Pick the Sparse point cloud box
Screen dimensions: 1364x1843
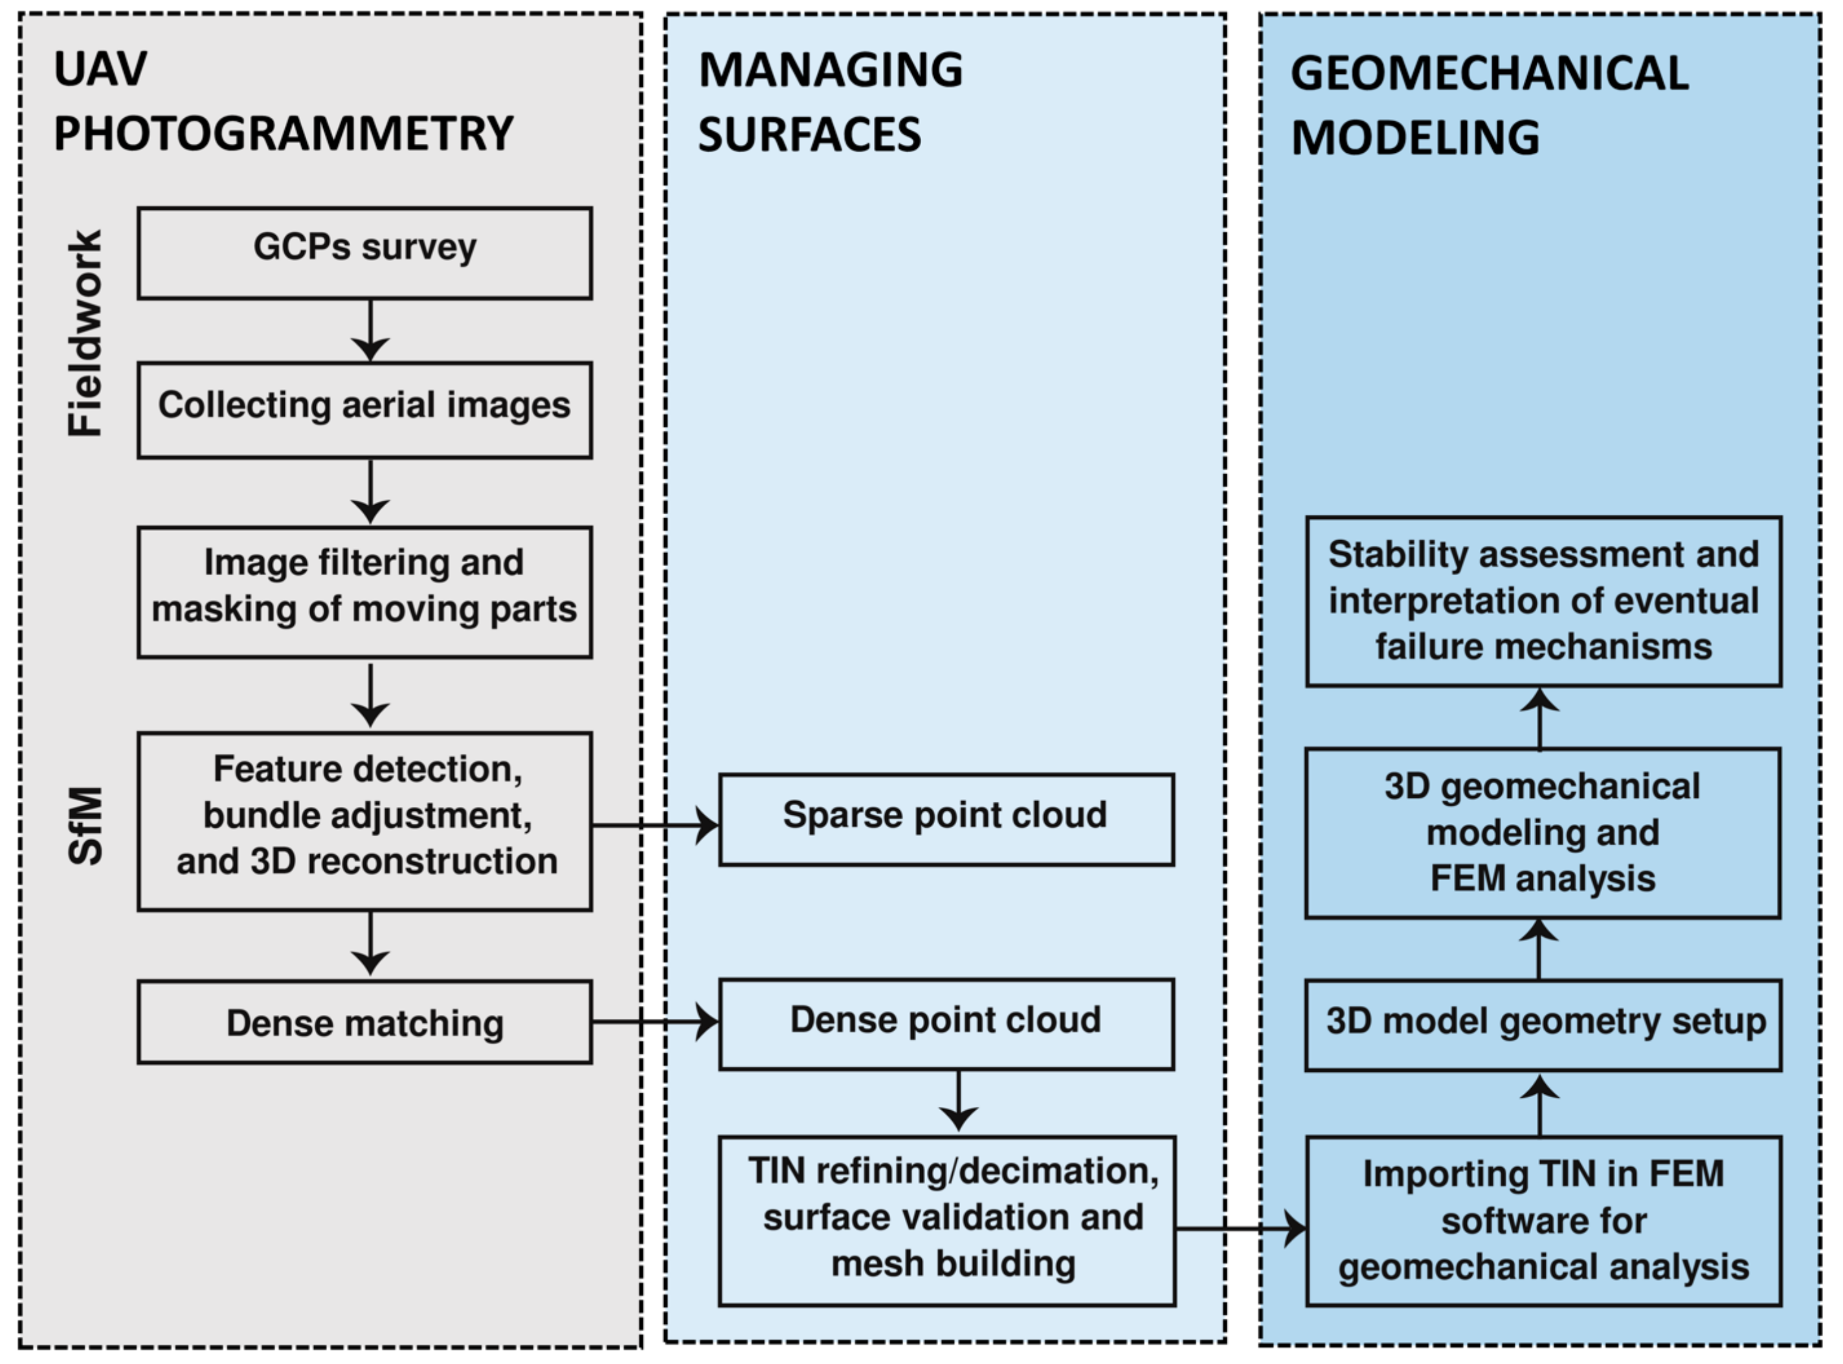(x=946, y=819)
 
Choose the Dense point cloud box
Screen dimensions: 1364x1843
(x=946, y=1024)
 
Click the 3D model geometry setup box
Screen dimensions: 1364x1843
(x=1543, y=1025)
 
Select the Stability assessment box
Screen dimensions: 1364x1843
(x=1543, y=601)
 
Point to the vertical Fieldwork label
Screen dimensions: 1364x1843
(x=85, y=333)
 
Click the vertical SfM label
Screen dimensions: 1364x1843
(x=85, y=825)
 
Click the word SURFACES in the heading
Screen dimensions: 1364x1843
(x=809, y=135)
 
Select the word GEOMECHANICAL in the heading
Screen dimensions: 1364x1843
(x=1489, y=73)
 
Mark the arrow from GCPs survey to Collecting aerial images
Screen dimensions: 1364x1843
(x=370, y=330)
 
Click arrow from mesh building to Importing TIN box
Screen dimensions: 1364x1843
(x=1240, y=1229)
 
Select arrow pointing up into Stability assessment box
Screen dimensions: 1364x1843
(x=1539, y=718)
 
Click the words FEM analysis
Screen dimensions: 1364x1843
(x=1542, y=878)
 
